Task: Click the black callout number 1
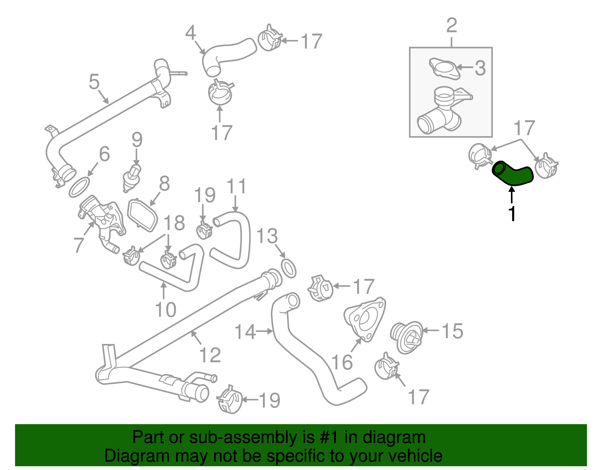coord(512,213)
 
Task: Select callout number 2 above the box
coord(451,25)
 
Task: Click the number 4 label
coord(191,33)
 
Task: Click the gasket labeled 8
coord(143,215)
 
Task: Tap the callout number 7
coord(78,245)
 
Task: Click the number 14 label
coord(245,332)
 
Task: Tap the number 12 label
coord(210,355)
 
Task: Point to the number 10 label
coord(166,309)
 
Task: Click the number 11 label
coord(237,186)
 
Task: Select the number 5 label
coord(94,81)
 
